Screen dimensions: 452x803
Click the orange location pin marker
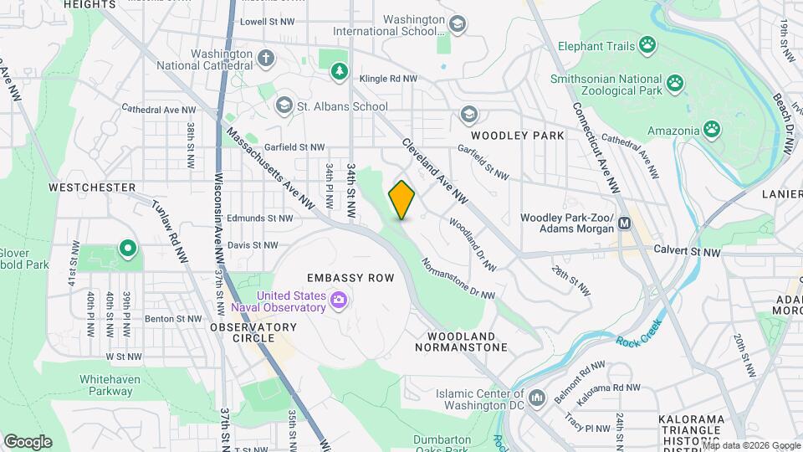[401, 200]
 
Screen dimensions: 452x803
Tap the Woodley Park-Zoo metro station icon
[624, 223]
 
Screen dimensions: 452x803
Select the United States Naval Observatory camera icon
[339, 300]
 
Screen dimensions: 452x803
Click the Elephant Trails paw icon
[647, 44]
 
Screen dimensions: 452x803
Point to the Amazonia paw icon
[712, 130]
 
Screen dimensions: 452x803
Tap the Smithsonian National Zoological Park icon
[675, 83]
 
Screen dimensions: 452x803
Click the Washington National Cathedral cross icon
[266, 59]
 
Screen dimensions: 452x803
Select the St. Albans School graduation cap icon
[284, 105]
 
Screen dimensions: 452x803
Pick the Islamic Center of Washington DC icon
[537, 396]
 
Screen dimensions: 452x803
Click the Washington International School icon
[457, 24]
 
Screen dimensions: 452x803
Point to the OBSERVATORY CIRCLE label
[242, 332]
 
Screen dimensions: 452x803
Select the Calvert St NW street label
[687, 251]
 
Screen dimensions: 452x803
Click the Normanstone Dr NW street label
[458, 281]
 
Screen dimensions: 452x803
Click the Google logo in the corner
[28, 441]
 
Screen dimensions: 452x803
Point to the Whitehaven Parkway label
[110, 385]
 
